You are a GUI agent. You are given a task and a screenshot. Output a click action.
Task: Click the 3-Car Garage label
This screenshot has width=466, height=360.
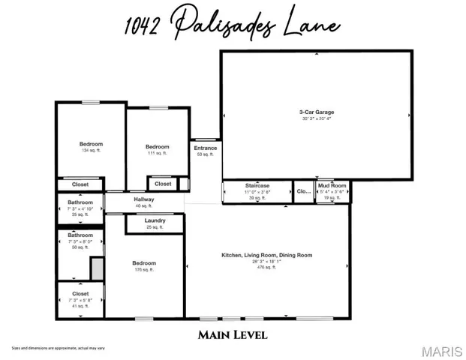[316, 112]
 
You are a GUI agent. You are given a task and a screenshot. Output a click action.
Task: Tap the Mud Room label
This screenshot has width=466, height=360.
[332, 185]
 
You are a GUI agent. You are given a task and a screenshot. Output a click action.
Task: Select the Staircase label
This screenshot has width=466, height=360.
[257, 185]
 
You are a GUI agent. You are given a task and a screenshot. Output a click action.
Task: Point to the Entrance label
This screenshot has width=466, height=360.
[205, 148]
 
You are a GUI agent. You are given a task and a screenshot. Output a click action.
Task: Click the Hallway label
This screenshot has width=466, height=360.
[143, 199]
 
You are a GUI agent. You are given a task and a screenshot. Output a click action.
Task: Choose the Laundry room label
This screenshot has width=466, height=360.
[155, 220]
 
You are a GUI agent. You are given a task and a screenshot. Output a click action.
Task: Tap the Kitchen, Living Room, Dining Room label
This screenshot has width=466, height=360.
[266, 256]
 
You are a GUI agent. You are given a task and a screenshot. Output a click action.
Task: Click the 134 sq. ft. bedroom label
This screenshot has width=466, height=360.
[91, 144]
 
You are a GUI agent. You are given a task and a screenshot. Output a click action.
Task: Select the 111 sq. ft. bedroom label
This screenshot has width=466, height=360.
[157, 147]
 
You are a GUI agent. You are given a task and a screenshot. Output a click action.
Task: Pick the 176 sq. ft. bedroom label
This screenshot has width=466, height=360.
[144, 263]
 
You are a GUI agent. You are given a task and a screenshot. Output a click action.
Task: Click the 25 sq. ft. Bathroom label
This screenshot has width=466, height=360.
[80, 202]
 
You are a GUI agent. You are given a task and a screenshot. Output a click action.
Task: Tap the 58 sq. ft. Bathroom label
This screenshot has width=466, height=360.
[80, 235]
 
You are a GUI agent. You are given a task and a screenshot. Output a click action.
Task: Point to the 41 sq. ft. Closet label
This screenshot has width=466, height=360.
[80, 294]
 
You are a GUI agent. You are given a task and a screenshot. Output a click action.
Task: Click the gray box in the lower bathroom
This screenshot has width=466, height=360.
[97, 268]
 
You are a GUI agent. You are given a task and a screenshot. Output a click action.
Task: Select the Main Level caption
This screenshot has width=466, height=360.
[233, 334]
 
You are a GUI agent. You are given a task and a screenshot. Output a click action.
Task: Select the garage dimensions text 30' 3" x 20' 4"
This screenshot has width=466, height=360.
[316, 118]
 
